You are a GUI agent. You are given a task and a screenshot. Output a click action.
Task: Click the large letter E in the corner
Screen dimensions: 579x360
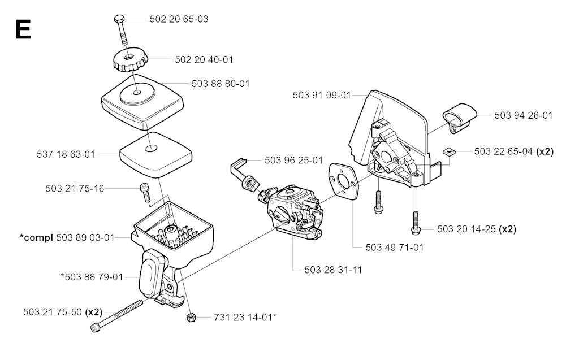click(x=23, y=29)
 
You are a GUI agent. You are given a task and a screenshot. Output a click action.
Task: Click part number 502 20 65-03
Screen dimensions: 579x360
click(x=179, y=19)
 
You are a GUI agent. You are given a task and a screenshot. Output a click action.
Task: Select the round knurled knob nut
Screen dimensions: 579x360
click(x=131, y=61)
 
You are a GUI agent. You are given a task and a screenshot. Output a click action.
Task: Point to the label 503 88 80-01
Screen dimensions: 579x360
click(x=221, y=84)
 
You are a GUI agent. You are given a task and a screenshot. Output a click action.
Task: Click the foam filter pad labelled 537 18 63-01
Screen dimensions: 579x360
click(x=155, y=153)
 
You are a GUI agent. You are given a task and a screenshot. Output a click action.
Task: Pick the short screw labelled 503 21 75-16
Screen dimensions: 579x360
click(x=145, y=192)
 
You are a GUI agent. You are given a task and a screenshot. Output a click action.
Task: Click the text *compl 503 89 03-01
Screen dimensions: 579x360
click(x=67, y=237)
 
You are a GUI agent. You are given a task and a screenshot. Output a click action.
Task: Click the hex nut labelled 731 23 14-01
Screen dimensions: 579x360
click(x=191, y=317)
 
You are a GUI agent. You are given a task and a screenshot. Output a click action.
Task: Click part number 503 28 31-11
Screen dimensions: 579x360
click(x=333, y=270)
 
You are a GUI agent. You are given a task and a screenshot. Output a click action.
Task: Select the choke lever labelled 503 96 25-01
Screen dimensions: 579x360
click(x=244, y=174)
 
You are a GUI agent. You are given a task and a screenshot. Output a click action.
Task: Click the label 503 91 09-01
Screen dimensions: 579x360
click(x=322, y=96)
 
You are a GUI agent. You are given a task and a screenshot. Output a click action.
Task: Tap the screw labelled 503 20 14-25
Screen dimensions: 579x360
click(x=416, y=222)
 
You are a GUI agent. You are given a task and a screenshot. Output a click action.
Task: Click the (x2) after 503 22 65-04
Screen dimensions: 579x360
click(x=545, y=151)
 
